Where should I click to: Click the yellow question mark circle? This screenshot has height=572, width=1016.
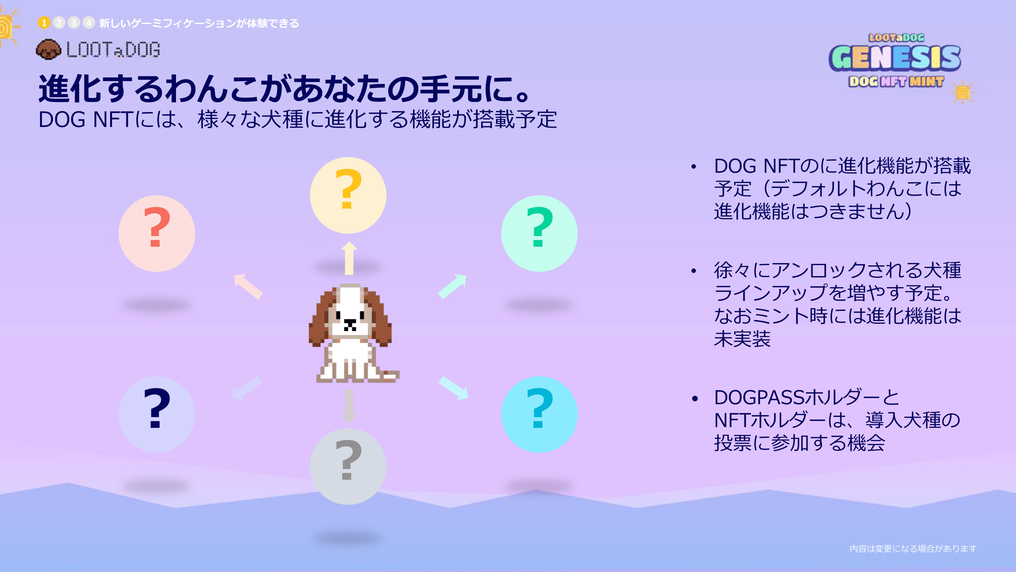348,195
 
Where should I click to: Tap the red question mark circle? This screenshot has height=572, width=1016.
157,233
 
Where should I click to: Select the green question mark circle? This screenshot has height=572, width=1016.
539,233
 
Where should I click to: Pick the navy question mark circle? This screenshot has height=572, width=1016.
157,414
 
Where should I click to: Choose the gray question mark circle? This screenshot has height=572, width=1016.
348,466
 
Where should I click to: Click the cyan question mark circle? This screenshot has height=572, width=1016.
539,414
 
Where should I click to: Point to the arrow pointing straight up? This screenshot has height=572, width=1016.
349,258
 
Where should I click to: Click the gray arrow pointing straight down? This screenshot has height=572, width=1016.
349,406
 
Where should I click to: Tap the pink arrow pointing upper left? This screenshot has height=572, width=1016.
248,286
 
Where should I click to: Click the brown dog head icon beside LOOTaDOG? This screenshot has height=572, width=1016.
48,50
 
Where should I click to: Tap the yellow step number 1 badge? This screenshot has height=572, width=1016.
44,23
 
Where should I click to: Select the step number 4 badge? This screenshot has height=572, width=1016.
89,23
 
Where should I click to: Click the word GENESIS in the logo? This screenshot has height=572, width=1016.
895,58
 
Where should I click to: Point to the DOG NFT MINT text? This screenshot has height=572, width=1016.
896,81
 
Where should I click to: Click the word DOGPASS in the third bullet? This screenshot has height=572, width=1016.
758,397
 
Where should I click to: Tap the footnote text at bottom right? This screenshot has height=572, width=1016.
913,548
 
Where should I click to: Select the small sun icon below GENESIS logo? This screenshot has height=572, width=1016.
963,93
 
